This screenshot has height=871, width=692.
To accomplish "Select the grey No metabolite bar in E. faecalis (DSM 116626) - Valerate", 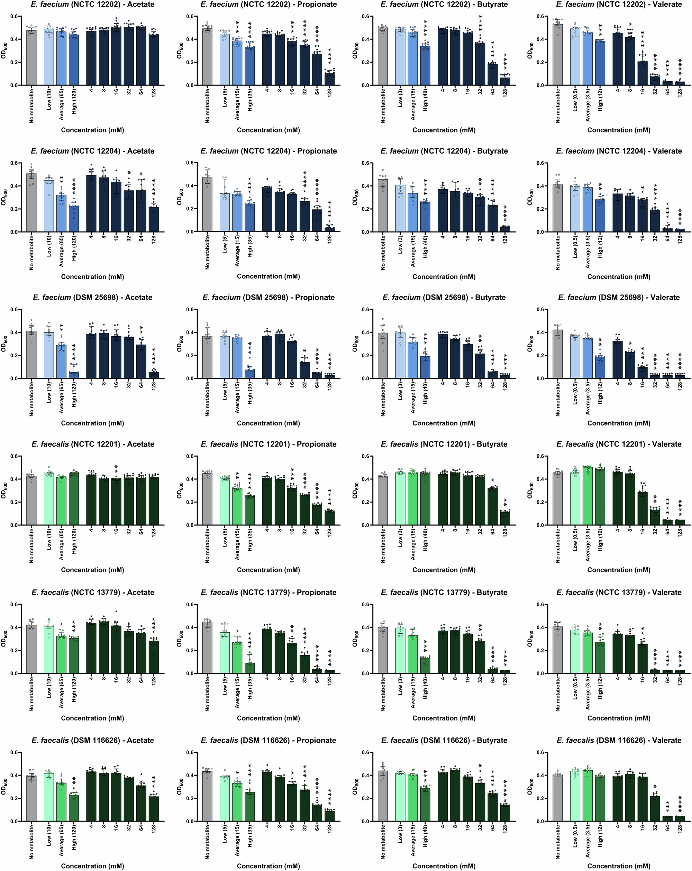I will (558, 798).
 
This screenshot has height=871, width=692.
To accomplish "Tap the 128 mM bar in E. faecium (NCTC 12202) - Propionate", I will (329, 79).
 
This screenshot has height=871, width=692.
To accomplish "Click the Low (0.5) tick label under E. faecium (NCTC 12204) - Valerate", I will (575, 246).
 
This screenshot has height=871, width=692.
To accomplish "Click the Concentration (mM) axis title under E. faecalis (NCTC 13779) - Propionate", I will (268, 718).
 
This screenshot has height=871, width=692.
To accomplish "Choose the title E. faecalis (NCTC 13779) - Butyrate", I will (444, 593).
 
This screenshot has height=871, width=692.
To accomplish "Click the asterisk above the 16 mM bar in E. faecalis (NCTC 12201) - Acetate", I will (116, 469).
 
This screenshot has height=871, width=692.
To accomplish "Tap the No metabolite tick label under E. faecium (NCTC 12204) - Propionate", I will (207, 253).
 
